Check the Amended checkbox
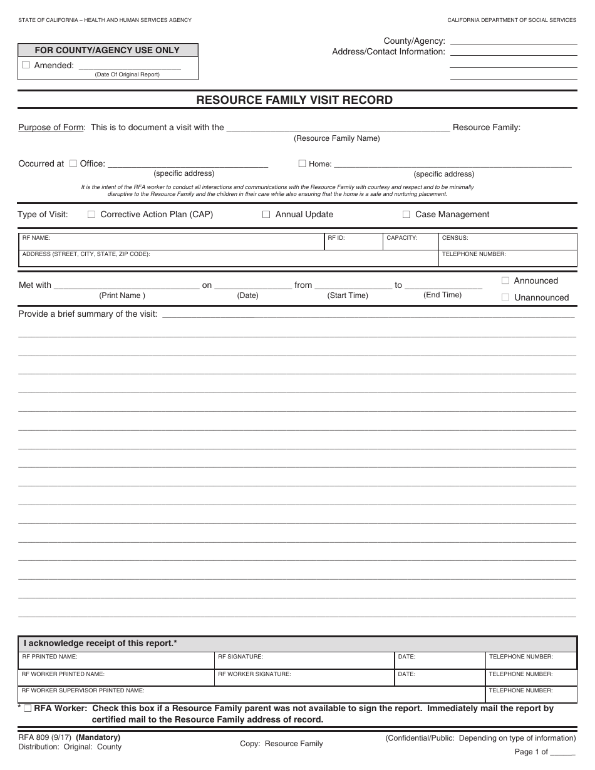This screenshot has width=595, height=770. tap(26, 65)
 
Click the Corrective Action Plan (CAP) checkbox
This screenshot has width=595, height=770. tap(91, 214)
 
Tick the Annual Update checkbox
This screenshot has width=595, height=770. tap(266, 214)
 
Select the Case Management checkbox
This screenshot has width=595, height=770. tap(406, 214)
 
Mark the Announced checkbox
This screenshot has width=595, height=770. tap(505, 280)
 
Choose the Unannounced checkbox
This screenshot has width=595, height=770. tap(505, 297)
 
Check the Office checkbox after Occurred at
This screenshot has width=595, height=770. tap(73, 163)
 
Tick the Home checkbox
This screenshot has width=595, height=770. tap(302, 163)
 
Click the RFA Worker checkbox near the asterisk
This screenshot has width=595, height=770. tap(28, 709)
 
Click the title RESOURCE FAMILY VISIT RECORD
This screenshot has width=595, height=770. tap(295, 100)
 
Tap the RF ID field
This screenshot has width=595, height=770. tap(353, 243)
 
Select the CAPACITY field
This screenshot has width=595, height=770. tap(410, 243)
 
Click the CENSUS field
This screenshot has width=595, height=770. tap(507, 243)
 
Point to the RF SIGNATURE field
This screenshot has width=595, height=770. tap(305, 661)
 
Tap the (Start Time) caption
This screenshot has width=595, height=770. tap(348, 295)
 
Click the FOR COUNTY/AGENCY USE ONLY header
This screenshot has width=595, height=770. tap(107, 50)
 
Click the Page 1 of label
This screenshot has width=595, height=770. tap(531, 752)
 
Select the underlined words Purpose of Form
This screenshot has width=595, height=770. tap(51, 127)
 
